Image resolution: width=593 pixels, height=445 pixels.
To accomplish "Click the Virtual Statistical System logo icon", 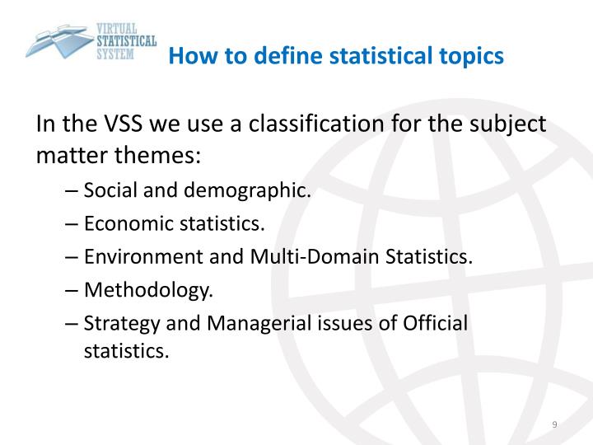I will [x=62, y=38].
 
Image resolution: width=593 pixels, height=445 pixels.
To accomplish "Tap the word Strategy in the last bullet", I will [x=114, y=322].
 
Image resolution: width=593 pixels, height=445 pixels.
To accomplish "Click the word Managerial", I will [x=243, y=322].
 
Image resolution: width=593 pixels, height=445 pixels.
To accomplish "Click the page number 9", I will [x=554, y=424].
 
